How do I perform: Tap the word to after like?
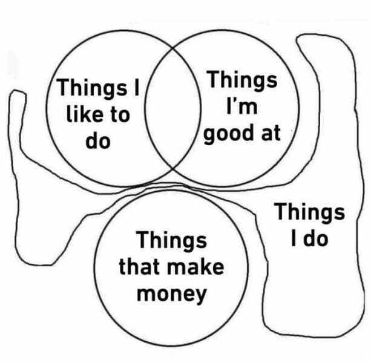120,115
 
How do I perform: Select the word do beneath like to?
98,140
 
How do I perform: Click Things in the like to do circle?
93,88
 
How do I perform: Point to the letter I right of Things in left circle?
137,87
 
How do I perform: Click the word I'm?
242,106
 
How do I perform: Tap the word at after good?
271,134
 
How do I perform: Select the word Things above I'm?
242,80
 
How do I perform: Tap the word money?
172,295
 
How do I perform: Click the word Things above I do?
309,212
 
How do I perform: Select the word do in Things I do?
316,238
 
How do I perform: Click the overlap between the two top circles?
173,109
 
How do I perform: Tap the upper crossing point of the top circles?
173,48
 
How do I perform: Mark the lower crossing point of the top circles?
173,169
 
